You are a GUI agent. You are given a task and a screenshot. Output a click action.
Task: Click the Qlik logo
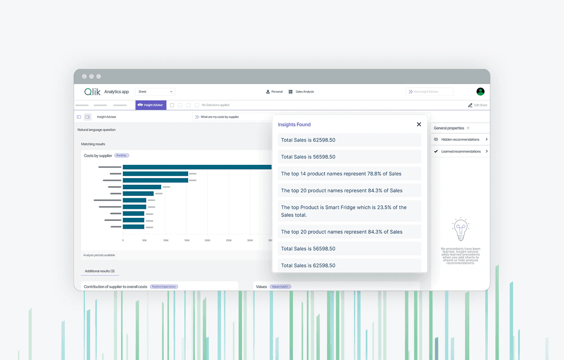point(92,92)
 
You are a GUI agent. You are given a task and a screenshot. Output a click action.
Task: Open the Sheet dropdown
point(155,92)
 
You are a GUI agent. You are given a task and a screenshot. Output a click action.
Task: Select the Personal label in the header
point(274,92)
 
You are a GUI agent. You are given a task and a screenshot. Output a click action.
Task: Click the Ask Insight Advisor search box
point(429,92)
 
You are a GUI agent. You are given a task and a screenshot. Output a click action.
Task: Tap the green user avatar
point(480,92)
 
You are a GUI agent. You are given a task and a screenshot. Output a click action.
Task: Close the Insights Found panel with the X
point(419,124)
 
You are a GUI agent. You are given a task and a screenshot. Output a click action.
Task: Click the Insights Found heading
point(294,124)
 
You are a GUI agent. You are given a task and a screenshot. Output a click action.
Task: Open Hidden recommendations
point(460,140)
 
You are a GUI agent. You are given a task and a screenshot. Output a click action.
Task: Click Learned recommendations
point(460,151)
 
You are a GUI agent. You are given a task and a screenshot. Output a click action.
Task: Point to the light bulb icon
point(460,229)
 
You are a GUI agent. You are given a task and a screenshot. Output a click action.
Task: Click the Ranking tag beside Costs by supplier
point(121,156)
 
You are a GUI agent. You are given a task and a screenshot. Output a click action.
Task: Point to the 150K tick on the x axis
point(186,241)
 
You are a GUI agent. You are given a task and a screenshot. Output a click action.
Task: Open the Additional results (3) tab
point(100,271)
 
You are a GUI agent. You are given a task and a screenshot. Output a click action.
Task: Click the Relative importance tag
point(164,287)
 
